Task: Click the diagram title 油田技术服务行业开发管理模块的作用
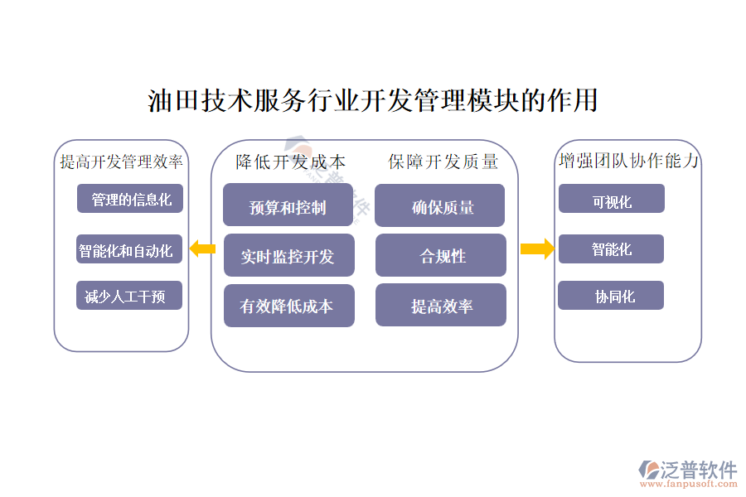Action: pyautogui.click(x=373, y=101)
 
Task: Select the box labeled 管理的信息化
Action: pyautogui.click(x=130, y=200)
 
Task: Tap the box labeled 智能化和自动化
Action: pyautogui.click(x=129, y=249)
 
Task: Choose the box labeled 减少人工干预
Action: pyautogui.click(x=128, y=296)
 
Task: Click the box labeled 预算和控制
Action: pyautogui.click(x=288, y=206)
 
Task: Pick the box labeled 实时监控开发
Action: pyautogui.click(x=288, y=256)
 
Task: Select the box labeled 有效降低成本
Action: pyautogui.click(x=288, y=306)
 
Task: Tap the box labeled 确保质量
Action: pyautogui.click(x=440, y=206)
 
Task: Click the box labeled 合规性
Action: pyautogui.click(x=440, y=256)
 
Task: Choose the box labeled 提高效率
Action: pyautogui.click(x=440, y=306)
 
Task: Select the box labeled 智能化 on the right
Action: pyautogui.click(x=611, y=249)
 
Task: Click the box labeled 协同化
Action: pyautogui.click(x=611, y=296)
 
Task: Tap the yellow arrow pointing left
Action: pyautogui.click(x=201, y=248)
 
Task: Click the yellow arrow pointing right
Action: pyautogui.click(x=537, y=248)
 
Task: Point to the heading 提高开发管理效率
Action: pyautogui.click(x=122, y=162)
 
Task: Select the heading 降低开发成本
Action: pyautogui.click(x=290, y=162)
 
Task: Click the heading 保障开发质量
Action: pyautogui.click(x=443, y=162)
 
